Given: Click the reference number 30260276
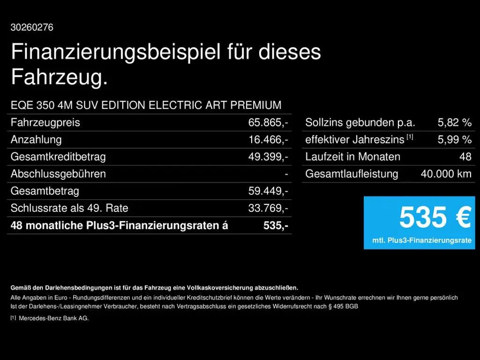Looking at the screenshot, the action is [x=32, y=27].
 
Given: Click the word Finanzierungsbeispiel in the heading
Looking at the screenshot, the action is [x=116, y=52].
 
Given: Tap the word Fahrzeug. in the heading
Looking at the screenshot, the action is [x=60, y=76].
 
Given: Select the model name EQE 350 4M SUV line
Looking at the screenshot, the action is [x=146, y=105].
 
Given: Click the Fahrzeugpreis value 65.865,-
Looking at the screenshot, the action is [x=268, y=122].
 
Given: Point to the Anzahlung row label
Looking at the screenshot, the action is [x=36, y=140].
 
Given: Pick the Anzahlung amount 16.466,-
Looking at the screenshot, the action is [x=268, y=140].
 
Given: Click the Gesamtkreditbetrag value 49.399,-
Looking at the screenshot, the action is [x=268, y=157].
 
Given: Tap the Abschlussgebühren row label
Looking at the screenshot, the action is [x=58, y=174].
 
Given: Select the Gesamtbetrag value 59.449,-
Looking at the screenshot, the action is [x=268, y=191].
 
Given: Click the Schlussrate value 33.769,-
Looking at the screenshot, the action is [x=268, y=208].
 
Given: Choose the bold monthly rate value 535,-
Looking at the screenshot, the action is [x=276, y=225].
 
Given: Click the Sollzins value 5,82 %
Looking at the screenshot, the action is [x=455, y=122].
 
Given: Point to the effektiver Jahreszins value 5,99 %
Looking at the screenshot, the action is [x=455, y=140].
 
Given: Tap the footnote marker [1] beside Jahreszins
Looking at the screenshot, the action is [x=410, y=137].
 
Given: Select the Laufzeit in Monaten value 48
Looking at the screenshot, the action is [x=465, y=157].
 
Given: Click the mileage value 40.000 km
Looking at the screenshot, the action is [x=446, y=174].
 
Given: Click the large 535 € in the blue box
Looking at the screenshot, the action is [x=435, y=217].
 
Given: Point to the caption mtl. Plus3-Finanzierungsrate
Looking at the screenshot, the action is [x=422, y=240].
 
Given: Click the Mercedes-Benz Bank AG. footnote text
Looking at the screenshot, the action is [x=54, y=318].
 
